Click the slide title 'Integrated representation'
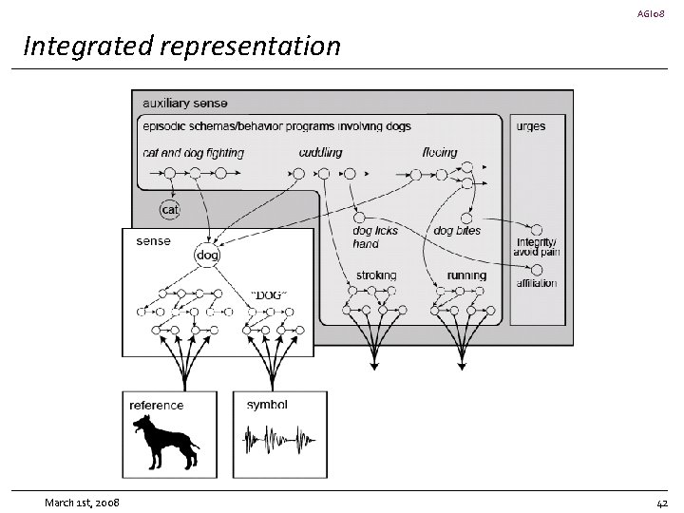click(181, 47)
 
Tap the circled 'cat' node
click(170, 210)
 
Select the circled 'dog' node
click(207, 255)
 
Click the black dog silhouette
click(165, 442)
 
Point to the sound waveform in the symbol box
click(279, 439)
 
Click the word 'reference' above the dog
click(156, 406)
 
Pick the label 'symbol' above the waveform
click(267, 405)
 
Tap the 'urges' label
click(531, 126)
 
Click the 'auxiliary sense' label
click(185, 104)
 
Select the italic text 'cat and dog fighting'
click(193, 153)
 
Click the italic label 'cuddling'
click(321, 152)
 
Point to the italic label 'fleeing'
click(440, 152)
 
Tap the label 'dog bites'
click(457, 230)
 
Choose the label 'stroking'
click(376, 275)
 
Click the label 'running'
click(466, 275)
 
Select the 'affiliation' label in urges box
click(537, 283)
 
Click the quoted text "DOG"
click(269, 295)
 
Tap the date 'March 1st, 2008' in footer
click(82, 503)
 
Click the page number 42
click(662, 503)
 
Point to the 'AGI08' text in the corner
click(651, 13)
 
